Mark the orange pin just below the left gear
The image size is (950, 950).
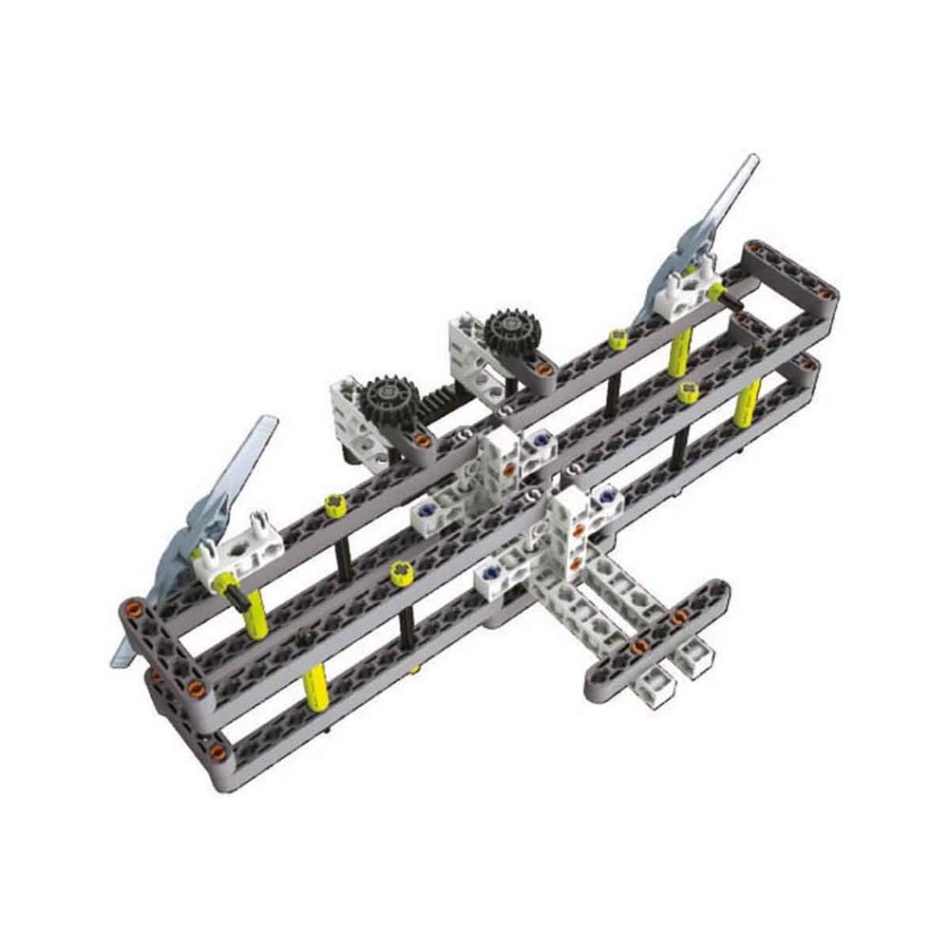pos(418,439)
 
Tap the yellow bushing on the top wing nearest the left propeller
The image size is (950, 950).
pos(334,504)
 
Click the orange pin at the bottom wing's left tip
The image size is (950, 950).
pos(218,753)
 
